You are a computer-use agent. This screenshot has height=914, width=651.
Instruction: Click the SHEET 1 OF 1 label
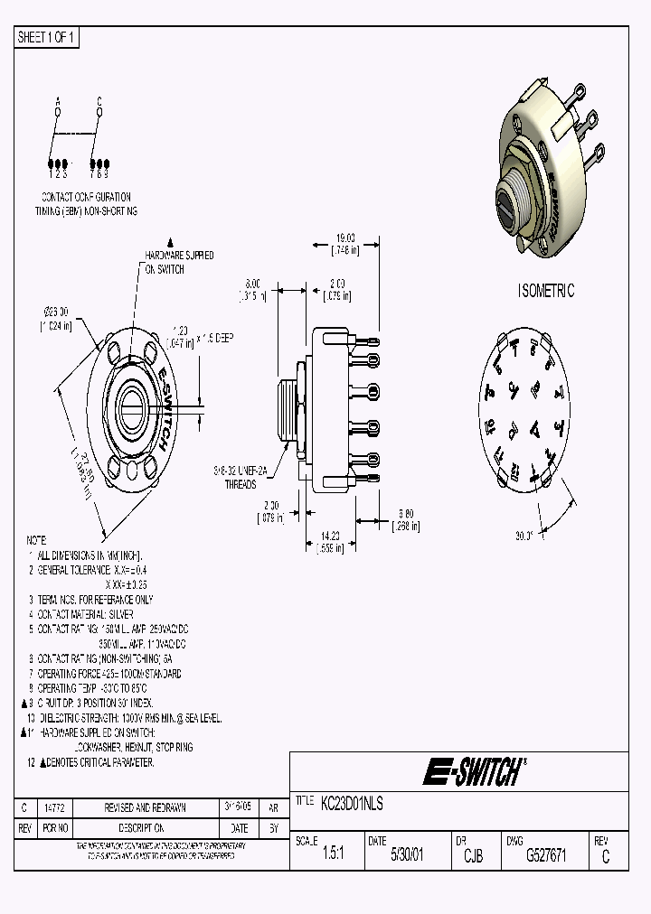[x=48, y=37]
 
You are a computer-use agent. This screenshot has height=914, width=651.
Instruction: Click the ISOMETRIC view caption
[x=546, y=291]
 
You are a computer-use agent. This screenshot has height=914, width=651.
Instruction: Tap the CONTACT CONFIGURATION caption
[x=86, y=197]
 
